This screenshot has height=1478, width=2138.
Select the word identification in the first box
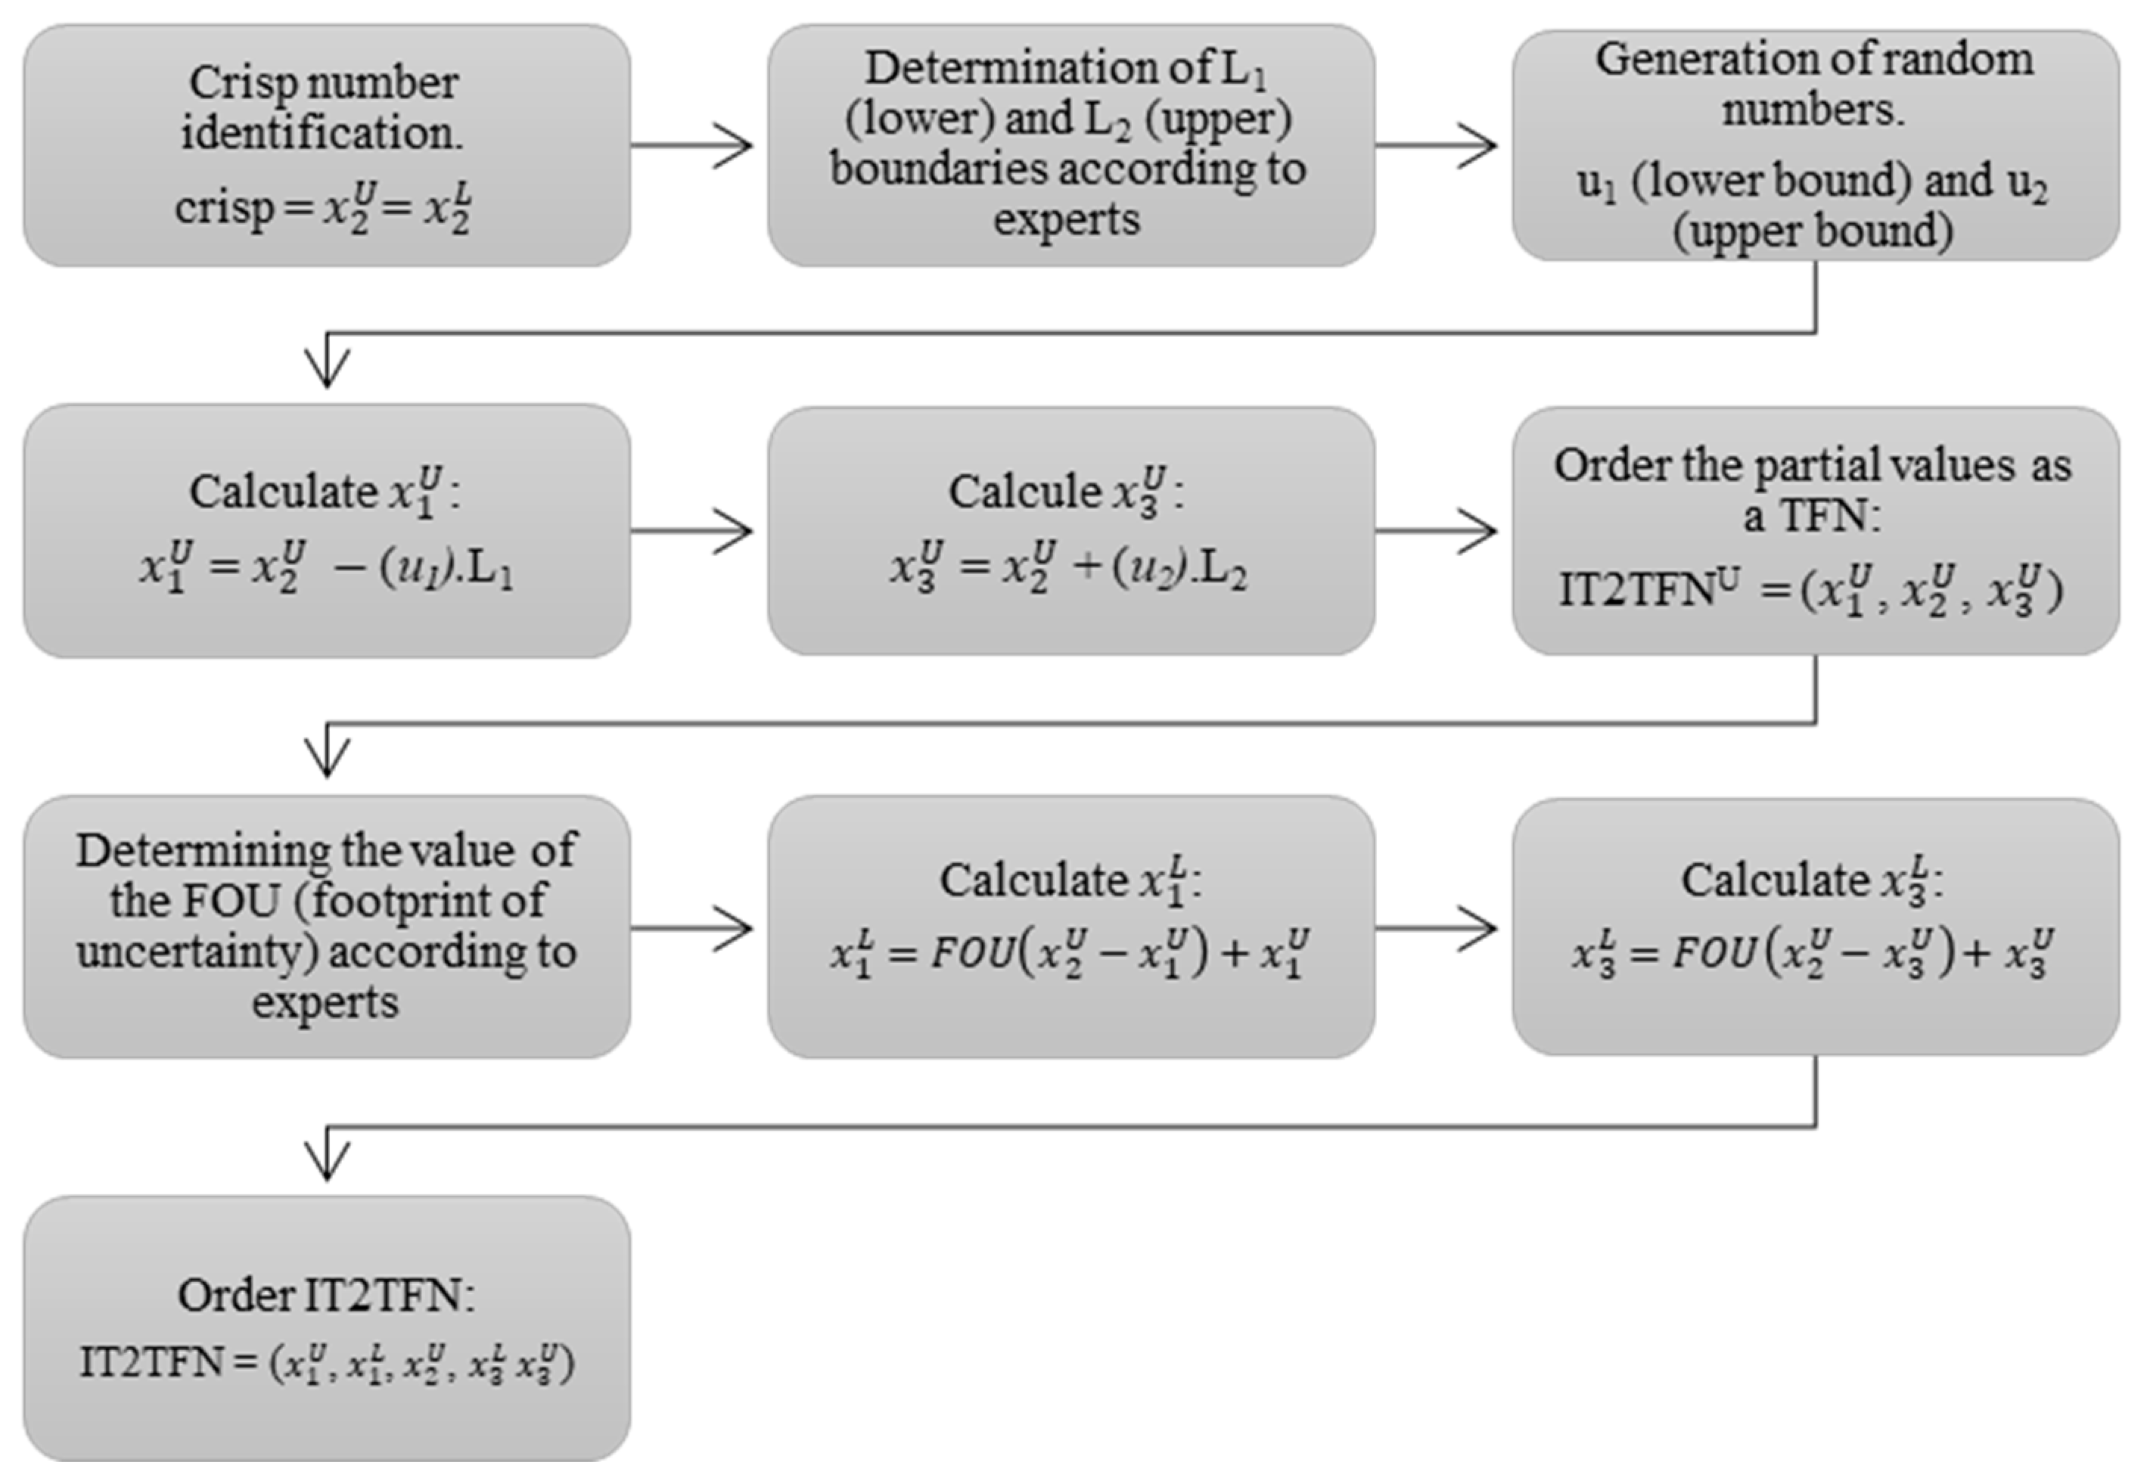tap(322, 133)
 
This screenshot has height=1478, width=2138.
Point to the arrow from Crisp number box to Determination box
tap(691, 145)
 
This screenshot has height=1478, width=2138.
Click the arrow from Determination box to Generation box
tap(1436, 145)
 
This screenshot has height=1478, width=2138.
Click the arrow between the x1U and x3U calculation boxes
tap(691, 532)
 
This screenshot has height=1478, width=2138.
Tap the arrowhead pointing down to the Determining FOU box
tap(327, 759)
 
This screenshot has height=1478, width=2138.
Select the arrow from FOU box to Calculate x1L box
tap(691, 928)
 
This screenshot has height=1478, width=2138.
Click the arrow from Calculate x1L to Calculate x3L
tap(1436, 928)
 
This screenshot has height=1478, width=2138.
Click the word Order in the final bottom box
tap(235, 1295)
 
